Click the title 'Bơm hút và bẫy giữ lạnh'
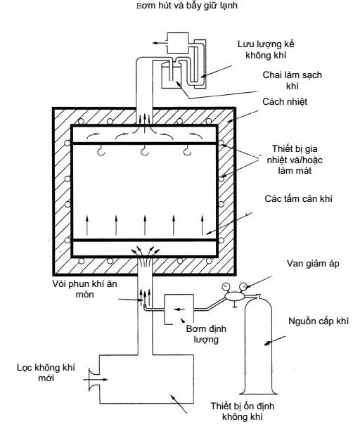(186, 6)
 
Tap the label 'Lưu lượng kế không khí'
(266, 49)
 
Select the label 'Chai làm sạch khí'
(292, 80)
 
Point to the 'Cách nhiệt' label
(285, 102)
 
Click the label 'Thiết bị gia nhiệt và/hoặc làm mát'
(295, 160)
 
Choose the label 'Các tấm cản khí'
(298, 198)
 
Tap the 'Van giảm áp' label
(313, 264)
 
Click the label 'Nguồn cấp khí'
(319, 321)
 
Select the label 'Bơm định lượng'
(206, 334)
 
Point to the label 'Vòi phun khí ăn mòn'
(85, 289)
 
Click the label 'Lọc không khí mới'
(46, 373)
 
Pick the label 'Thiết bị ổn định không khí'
(243, 411)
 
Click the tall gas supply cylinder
(259, 345)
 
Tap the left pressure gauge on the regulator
(226, 287)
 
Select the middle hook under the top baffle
(144, 150)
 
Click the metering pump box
(179, 309)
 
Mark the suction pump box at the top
(177, 43)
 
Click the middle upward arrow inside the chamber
(145, 226)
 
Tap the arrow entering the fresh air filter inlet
(95, 380)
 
